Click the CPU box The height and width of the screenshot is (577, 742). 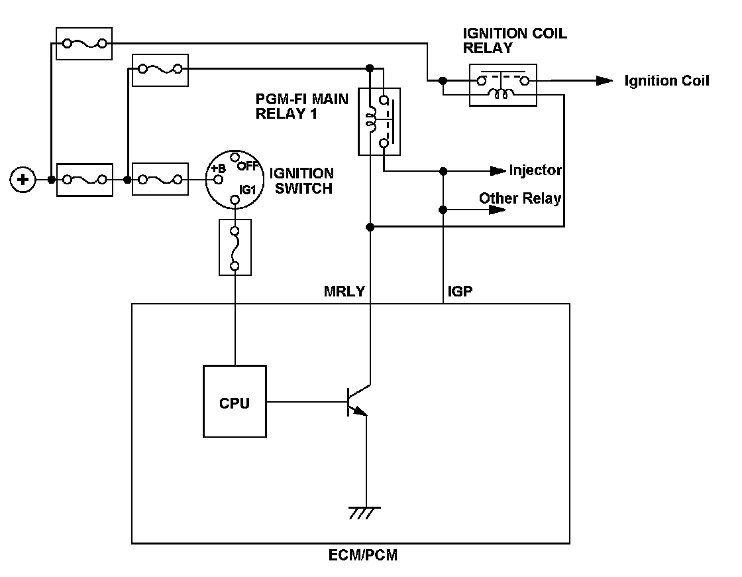235,401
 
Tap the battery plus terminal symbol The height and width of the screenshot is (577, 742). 23,180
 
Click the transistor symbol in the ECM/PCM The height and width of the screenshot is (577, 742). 358,401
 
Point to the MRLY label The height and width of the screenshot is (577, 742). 344,291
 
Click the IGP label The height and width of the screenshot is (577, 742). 460,291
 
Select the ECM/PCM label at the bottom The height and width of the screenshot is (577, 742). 363,555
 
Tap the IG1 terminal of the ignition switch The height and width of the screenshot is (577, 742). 235,200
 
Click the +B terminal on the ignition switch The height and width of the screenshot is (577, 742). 218,180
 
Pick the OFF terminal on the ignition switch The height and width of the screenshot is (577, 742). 235,157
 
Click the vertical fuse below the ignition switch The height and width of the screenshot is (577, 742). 235,247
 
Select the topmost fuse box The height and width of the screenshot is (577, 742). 84,44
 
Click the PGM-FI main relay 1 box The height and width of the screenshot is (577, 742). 380,122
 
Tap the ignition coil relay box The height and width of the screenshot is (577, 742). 503,86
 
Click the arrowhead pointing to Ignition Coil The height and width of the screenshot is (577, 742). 604,81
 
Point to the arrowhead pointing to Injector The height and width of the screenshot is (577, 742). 498,170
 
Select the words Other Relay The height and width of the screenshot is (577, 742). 520,198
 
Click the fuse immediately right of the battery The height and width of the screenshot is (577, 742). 85,180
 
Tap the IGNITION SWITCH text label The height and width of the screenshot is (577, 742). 302,181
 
